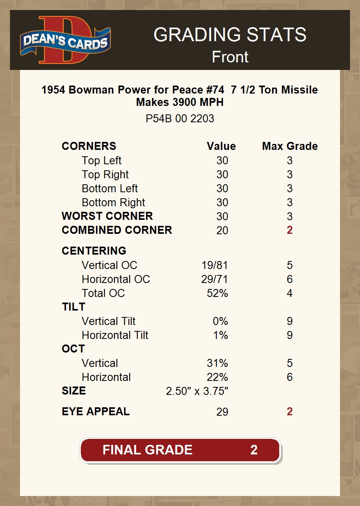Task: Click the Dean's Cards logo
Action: (65, 40)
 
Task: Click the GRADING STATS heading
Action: (230, 35)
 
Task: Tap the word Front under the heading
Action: (230, 57)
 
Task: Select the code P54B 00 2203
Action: (180, 119)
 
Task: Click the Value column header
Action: (221, 146)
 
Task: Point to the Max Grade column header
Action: (290, 146)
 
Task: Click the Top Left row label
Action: (101, 161)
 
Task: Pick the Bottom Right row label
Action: (113, 203)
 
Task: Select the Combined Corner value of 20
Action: (222, 230)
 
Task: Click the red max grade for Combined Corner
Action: (290, 230)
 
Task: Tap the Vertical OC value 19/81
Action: (214, 265)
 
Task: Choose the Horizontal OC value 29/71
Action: (214, 279)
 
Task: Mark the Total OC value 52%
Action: (217, 293)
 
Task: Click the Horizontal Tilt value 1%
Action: (220, 335)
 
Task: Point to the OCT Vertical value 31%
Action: (217, 363)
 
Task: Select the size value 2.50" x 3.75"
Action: (197, 391)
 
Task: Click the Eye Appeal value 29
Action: (222, 412)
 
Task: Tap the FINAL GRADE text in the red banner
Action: (147, 450)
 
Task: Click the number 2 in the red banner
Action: (254, 450)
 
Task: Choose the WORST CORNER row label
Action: (107, 216)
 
